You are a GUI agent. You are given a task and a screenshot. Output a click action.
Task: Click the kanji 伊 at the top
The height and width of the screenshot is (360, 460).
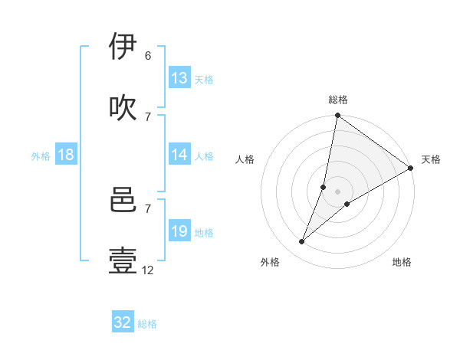pyautogui.click(x=123, y=47)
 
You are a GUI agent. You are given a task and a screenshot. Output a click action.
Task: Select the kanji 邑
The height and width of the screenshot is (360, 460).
pyautogui.click(x=123, y=200)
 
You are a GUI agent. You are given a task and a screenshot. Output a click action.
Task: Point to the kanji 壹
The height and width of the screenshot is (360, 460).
pyautogui.click(x=123, y=260)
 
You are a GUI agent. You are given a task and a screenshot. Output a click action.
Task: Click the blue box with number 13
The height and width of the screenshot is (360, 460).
pyautogui.click(x=179, y=78)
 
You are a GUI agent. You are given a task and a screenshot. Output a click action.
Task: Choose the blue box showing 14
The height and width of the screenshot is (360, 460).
pyautogui.click(x=179, y=155)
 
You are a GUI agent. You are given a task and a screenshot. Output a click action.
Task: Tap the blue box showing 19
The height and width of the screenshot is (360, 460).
pyautogui.click(x=179, y=232)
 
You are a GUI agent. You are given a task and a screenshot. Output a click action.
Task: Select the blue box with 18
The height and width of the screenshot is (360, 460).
pyautogui.click(x=66, y=155)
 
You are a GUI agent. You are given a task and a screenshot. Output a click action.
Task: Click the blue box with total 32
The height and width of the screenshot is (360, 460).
pyautogui.click(x=123, y=322)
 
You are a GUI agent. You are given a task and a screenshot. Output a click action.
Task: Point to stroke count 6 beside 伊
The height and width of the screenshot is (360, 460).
pyautogui.click(x=148, y=56)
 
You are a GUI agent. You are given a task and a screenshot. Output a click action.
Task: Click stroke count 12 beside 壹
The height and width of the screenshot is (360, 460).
pyautogui.click(x=148, y=270)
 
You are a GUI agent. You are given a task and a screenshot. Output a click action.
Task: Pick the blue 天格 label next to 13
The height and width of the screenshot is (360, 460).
pyautogui.click(x=204, y=80)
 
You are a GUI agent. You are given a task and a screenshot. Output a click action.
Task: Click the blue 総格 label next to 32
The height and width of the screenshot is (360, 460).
pyautogui.click(x=147, y=324)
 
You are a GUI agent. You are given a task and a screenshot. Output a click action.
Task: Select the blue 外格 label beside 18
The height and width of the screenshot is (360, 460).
pyautogui.click(x=41, y=156)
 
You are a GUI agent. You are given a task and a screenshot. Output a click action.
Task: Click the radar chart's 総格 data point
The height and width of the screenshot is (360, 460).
pyautogui.click(x=337, y=116)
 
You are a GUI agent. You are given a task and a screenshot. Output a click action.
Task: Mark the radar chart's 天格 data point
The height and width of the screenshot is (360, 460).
pyautogui.click(x=410, y=169)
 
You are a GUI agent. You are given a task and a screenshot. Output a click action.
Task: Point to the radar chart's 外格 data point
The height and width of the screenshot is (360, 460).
pyautogui.click(x=302, y=242)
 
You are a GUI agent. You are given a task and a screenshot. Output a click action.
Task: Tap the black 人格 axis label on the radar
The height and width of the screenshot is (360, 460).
pyautogui.click(x=245, y=160)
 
